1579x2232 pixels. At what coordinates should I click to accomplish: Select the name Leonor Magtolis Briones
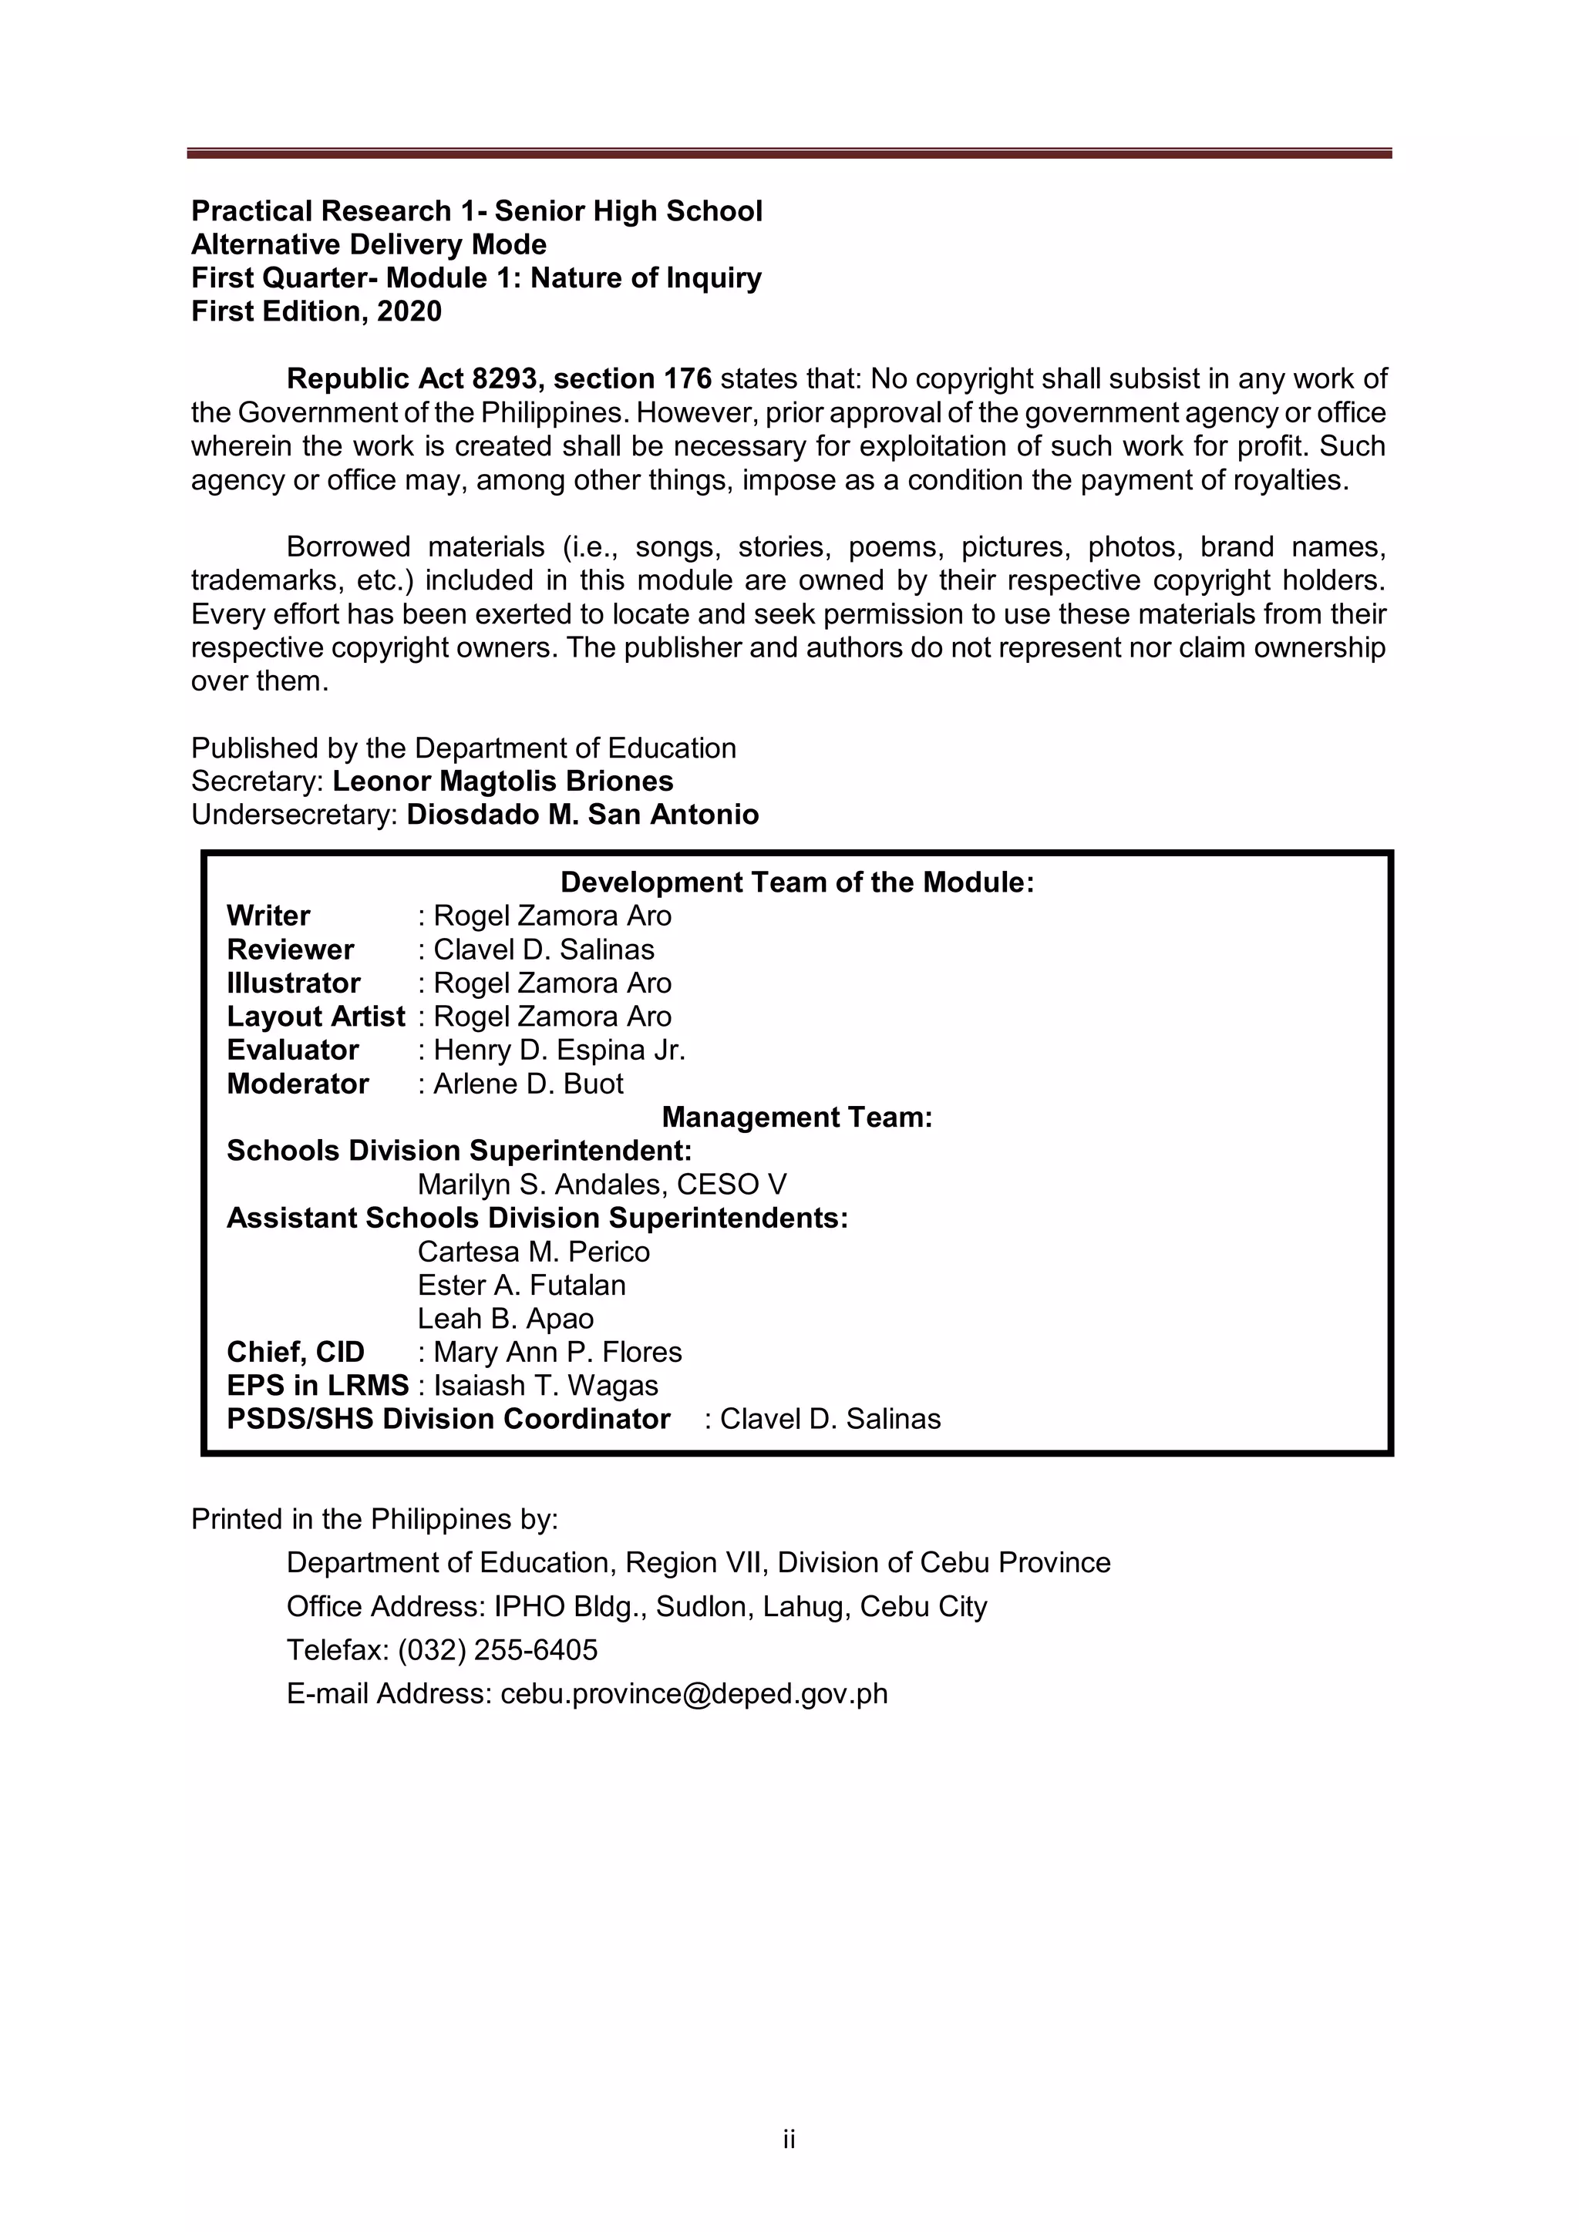click(503, 781)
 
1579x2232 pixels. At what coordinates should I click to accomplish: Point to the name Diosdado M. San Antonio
click(582, 814)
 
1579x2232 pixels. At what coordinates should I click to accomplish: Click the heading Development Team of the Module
click(796, 882)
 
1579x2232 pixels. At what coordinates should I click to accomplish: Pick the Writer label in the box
click(268, 916)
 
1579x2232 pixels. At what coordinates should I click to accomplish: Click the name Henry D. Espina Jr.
click(559, 1050)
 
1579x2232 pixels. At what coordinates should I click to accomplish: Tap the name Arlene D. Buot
click(528, 1083)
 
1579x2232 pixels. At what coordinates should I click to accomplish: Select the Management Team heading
click(796, 1117)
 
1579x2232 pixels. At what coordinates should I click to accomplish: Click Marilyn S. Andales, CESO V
click(602, 1184)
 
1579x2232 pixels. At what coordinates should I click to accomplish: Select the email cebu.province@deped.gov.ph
click(694, 1693)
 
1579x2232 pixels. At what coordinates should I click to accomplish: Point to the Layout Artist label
click(315, 1016)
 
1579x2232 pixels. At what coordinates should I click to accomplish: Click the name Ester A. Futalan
click(521, 1284)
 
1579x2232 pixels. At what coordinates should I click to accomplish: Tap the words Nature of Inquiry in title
click(645, 278)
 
